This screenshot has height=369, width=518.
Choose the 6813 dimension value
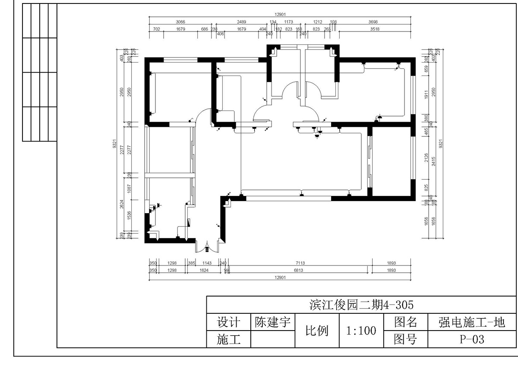299,270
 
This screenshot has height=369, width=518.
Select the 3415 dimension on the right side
434,161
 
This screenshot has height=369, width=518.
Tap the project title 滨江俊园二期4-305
361,305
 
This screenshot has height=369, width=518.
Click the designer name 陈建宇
272,322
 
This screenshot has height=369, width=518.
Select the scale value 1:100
361,331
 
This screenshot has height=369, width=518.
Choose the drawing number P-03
472,340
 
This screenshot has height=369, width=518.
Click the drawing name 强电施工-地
472,322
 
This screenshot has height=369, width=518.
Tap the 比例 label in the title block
317,331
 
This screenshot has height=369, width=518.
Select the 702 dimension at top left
157,29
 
